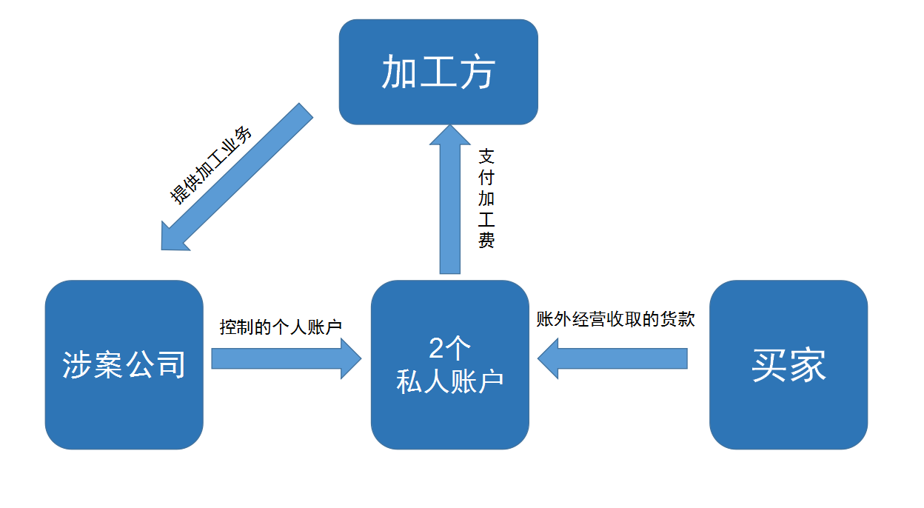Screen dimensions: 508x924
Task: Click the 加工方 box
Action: [438, 72]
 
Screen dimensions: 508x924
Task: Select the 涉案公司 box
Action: [124, 364]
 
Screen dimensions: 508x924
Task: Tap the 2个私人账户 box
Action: [450, 364]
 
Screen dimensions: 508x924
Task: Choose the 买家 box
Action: [789, 364]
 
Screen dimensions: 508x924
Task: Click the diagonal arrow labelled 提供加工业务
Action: [237, 178]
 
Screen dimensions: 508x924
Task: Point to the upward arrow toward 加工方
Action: [449, 200]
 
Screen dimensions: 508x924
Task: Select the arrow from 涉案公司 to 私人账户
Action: [285, 358]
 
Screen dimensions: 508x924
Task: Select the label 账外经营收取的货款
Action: [616, 319]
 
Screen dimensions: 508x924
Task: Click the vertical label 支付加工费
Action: [486, 198]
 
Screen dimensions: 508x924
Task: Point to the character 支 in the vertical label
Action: [486, 157]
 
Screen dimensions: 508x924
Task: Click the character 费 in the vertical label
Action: [486, 241]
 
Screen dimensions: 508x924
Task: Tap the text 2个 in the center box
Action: [450, 348]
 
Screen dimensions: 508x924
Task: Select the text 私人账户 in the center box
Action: [450, 381]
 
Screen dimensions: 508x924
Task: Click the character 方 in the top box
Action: [477, 73]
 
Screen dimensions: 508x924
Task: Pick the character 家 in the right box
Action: [808, 365]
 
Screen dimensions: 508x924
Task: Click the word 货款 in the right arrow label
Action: [679, 319]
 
